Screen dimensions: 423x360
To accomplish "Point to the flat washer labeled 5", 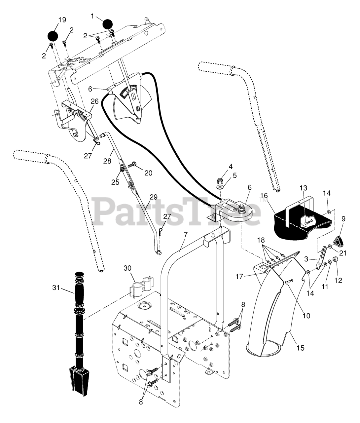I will pyautogui.click(x=220, y=187).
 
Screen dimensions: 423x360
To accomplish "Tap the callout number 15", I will pyautogui.click(x=300, y=348).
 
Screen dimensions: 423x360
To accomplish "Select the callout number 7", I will pyautogui.click(x=185, y=235).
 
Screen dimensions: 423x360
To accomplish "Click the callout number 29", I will pyautogui.click(x=153, y=197).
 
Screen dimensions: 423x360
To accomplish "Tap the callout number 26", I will pyautogui.click(x=94, y=101).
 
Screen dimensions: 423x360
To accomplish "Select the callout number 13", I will pyautogui.click(x=304, y=188).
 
